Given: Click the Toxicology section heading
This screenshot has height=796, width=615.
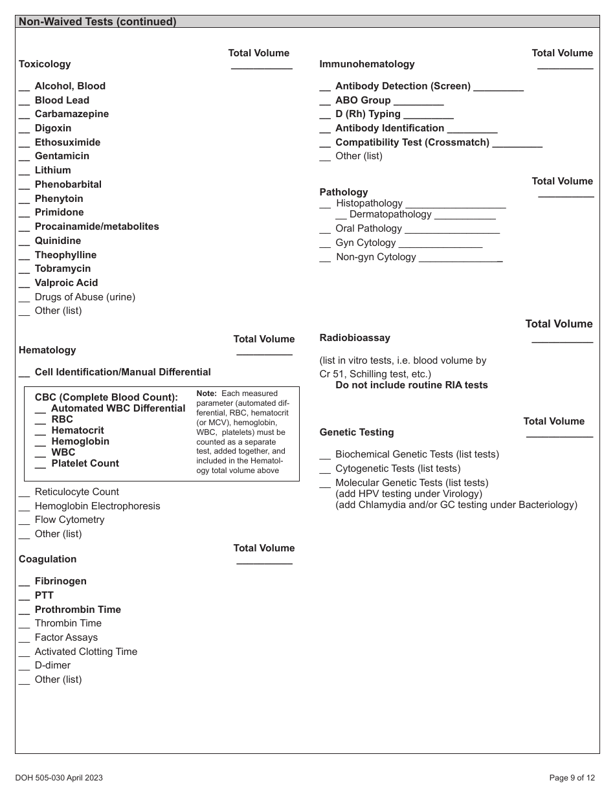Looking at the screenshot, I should (45, 64).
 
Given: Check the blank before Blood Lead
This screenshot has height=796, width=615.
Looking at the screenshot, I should (24, 101).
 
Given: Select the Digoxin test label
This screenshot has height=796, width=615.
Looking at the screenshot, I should (53, 128).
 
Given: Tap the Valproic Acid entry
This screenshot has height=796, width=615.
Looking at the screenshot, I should (66, 283).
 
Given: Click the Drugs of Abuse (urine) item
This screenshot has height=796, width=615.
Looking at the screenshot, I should (85, 297).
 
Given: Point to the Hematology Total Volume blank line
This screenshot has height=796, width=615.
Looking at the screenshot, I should (264, 353).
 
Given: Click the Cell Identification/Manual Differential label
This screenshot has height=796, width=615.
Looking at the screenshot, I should (122, 372).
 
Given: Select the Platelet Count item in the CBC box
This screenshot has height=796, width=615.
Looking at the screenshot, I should (85, 463).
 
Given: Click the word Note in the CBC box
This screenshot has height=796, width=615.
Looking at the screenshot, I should (207, 393).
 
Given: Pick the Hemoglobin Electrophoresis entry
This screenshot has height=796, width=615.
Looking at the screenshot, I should (97, 506).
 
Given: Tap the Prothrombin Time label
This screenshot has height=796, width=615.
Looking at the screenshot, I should (78, 610).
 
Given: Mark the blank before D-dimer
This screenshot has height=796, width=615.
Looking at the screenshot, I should (24, 667).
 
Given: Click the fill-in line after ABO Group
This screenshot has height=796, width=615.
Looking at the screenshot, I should (418, 104).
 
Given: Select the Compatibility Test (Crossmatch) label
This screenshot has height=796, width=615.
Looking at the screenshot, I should (412, 142).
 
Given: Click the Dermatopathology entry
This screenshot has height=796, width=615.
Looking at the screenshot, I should (390, 214).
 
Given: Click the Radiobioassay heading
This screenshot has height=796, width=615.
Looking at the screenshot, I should (355, 338).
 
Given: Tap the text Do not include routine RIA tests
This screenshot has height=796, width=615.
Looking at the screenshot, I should (411, 385).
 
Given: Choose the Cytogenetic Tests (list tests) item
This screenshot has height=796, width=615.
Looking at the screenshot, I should (397, 469).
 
